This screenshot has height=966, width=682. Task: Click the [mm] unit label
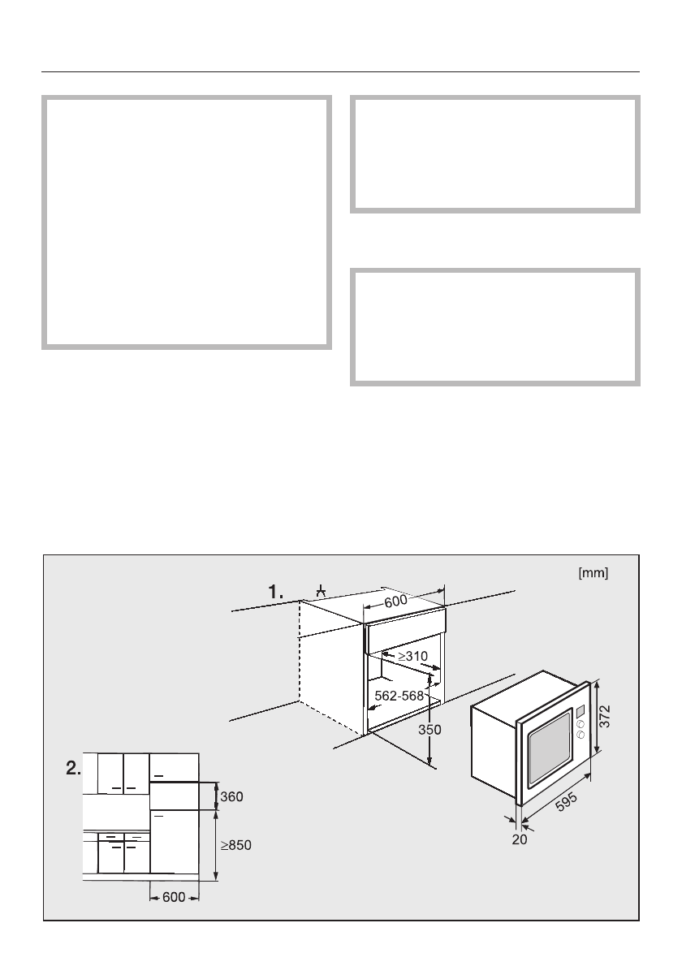coord(593,573)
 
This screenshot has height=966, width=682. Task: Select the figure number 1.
coord(277,593)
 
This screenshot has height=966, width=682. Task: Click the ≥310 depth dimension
coord(412,654)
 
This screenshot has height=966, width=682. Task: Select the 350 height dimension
coord(429,730)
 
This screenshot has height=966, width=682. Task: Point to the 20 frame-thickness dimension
coord(520,840)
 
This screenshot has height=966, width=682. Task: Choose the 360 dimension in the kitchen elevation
coord(232,797)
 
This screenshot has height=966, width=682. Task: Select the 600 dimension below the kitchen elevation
coord(174,897)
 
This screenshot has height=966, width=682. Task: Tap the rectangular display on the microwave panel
coord(581,714)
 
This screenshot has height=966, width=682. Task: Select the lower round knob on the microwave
coord(581,735)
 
